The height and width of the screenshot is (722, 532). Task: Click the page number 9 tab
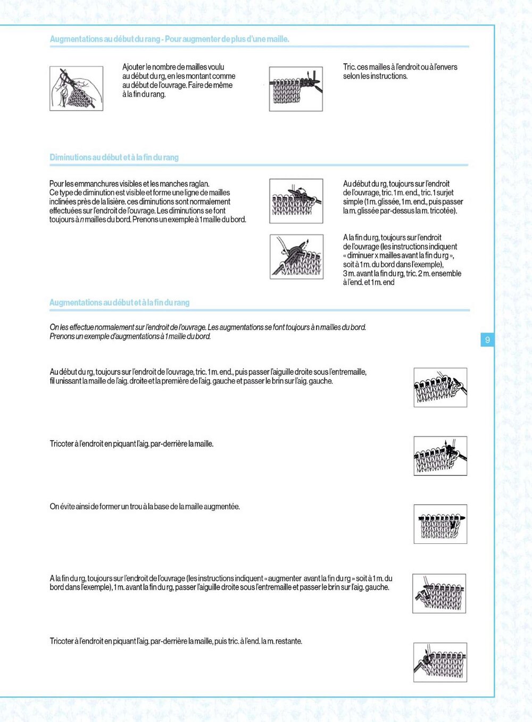click(x=487, y=340)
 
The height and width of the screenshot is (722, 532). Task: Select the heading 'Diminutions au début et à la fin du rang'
click(x=114, y=157)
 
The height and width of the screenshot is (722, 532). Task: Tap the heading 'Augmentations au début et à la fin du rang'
click(x=119, y=303)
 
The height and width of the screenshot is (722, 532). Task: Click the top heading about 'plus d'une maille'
click(x=169, y=39)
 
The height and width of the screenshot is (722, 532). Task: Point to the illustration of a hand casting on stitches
click(x=76, y=88)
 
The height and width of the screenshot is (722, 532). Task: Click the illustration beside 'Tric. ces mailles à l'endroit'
click(x=296, y=89)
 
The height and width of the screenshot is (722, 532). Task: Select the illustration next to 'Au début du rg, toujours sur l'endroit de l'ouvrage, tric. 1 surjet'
click(x=296, y=201)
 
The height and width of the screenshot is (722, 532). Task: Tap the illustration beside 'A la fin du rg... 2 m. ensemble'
click(x=296, y=257)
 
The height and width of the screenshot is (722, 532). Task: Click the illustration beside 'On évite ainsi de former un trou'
click(x=440, y=524)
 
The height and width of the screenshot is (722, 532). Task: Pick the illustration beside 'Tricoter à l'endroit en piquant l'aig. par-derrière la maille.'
click(x=440, y=456)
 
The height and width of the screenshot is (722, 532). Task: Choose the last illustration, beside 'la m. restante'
click(x=440, y=662)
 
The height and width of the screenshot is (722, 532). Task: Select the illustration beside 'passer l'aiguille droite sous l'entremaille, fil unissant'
click(x=440, y=388)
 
